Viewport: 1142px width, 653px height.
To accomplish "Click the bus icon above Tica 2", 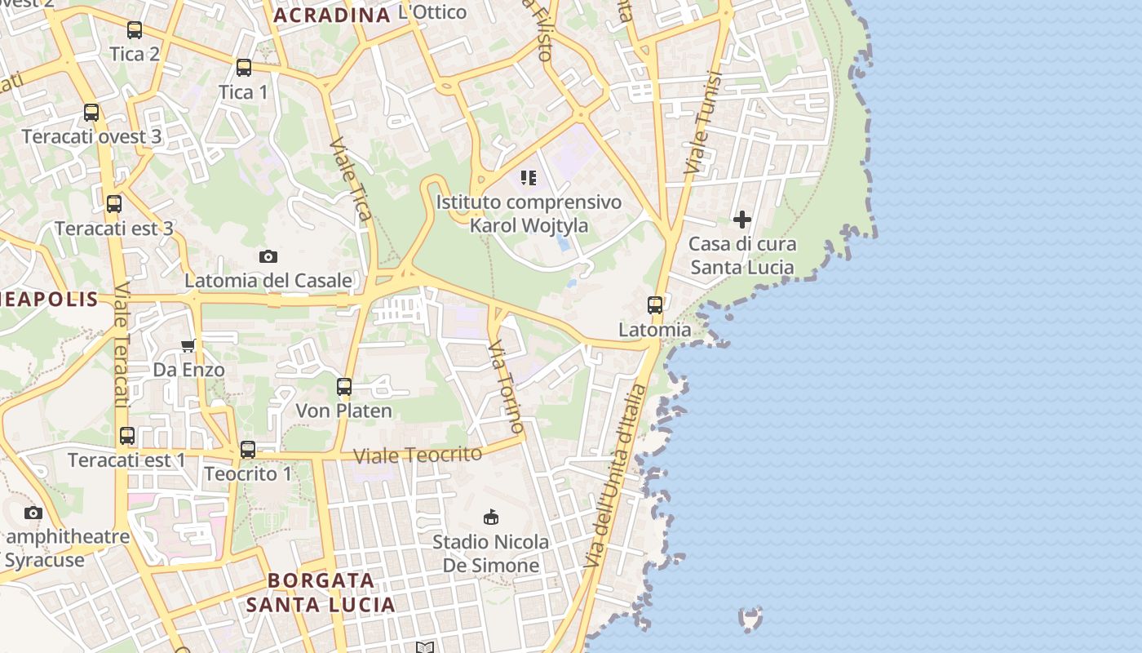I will pyautogui.click(x=135, y=30).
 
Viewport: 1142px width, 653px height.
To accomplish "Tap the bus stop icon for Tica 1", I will pyautogui.click(x=243, y=68).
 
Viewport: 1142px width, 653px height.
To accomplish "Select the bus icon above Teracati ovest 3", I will pyautogui.click(x=91, y=113).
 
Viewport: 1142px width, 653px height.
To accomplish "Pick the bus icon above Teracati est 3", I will pyautogui.click(x=114, y=204).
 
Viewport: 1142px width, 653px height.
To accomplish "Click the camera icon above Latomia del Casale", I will pyautogui.click(x=268, y=256).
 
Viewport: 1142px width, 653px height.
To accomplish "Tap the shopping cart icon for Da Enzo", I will pyautogui.click(x=188, y=345).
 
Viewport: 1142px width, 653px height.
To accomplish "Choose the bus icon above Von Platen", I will pyautogui.click(x=344, y=387).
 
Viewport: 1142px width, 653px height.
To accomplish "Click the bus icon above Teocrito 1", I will pyautogui.click(x=248, y=450).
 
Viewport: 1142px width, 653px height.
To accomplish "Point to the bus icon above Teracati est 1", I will pyautogui.click(x=127, y=436).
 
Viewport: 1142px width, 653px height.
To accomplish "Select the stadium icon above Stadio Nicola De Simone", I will pyautogui.click(x=491, y=517).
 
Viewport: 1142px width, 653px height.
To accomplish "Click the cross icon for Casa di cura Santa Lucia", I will pyautogui.click(x=742, y=219).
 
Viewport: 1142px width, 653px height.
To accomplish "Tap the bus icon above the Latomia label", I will pyautogui.click(x=655, y=305).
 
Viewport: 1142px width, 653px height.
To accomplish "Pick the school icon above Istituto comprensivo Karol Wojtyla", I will pyautogui.click(x=529, y=177).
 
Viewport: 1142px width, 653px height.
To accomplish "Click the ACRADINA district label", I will pyautogui.click(x=332, y=15).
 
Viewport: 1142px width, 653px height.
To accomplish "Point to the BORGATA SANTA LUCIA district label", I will pyautogui.click(x=321, y=593).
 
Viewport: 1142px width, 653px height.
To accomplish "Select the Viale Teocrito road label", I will pyautogui.click(x=418, y=454).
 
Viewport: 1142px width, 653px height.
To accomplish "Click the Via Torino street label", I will pyautogui.click(x=505, y=387).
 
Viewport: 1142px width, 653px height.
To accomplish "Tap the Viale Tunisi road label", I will pyautogui.click(x=703, y=123).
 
